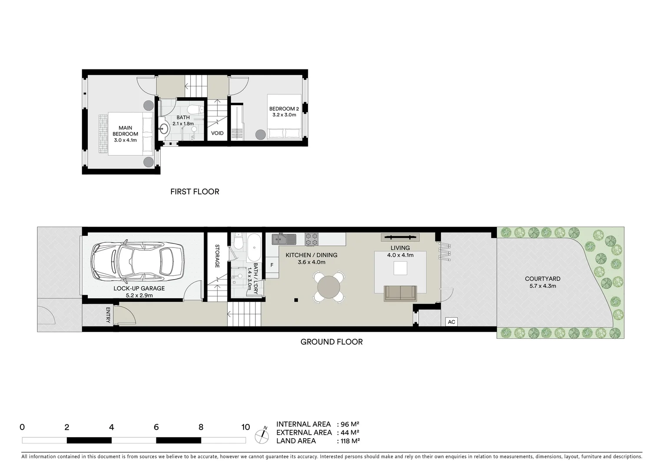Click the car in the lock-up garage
pyautogui.click(x=137, y=262)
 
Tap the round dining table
pyautogui.click(x=329, y=287)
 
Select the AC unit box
pyautogui.click(x=451, y=322)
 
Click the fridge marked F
pyautogui.click(x=272, y=265)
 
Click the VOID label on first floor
pyautogui.click(x=217, y=133)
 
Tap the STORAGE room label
pyautogui.click(x=217, y=256)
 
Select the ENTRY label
pyautogui.click(x=108, y=315)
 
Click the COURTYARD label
pyautogui.click(x=542, y=279)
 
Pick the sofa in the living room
pyautogui.click(x=400, y=294)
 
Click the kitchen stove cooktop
pyautogui.click(x=311, y=239)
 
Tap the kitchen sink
pyautogui.click(x=284, y=239)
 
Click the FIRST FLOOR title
pyautogui.click(x=195, y=192)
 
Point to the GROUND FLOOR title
pyautogui.click(x=331, y=342)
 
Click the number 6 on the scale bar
pyautogui.click(x=156, y=427)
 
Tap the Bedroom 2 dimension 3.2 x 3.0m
pyautogui.click(x=284, y=115)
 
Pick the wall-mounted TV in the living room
pyautogui.click(x=400, y=237)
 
